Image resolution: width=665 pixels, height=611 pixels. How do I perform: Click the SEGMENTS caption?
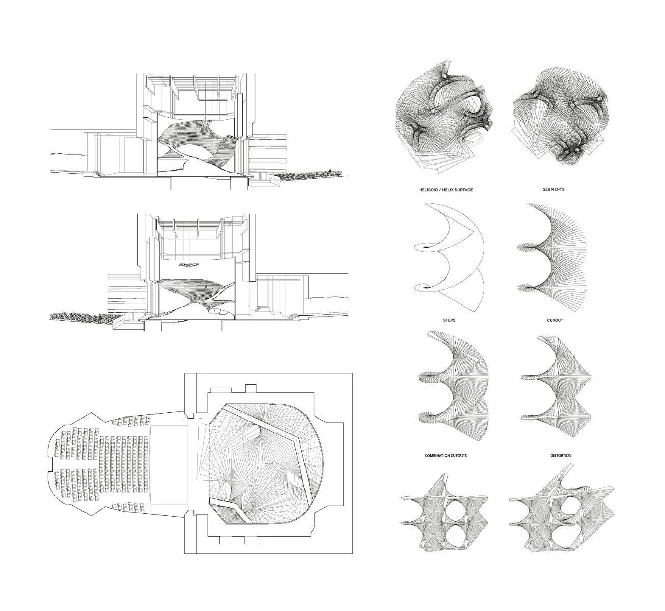553,189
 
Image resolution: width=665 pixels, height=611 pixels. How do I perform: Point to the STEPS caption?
449,320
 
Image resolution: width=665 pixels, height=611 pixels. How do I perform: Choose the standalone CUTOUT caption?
555,321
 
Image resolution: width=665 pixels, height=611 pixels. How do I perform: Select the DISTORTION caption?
561,456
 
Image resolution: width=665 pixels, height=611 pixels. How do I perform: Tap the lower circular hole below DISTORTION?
564,537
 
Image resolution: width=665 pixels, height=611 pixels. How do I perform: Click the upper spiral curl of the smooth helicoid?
423,247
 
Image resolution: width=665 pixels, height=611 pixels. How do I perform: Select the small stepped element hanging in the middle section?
189,264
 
